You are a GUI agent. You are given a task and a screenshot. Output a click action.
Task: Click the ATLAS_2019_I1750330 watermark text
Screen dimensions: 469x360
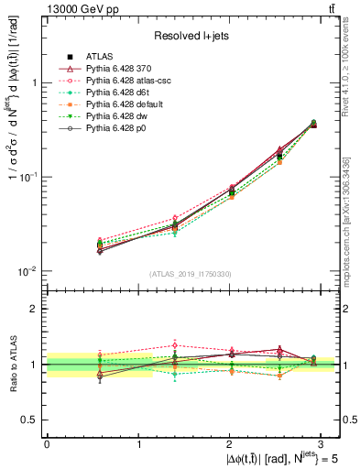(x=191, y=274)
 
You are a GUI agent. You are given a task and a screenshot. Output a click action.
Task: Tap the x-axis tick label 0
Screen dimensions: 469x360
(x=47, y=442)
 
